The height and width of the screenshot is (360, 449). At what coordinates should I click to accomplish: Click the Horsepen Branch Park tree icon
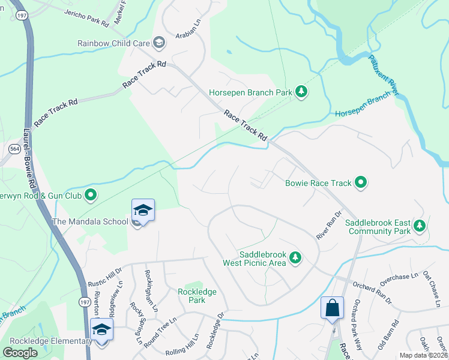301,92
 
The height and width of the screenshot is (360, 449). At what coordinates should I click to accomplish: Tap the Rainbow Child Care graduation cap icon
159,43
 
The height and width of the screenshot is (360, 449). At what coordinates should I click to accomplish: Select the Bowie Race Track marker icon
361,182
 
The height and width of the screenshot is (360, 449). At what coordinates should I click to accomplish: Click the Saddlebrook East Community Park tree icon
420,226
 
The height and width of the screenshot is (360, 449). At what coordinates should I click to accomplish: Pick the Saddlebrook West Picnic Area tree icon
295,257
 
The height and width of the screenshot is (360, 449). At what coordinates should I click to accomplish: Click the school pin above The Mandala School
143,210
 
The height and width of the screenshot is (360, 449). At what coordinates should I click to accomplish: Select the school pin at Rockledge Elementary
101,330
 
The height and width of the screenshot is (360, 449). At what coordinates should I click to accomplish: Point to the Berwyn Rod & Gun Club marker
91,194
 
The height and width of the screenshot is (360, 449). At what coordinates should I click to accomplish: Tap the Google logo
20,352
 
